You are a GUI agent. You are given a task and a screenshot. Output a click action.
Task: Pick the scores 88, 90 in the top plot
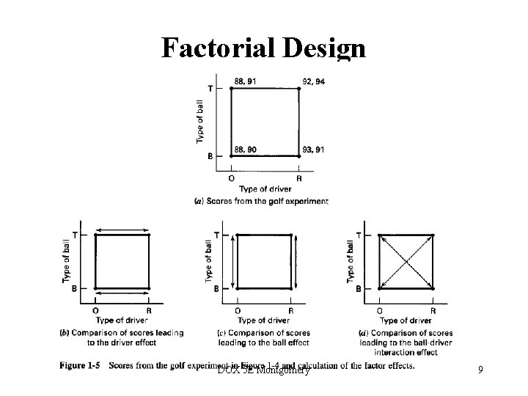245,150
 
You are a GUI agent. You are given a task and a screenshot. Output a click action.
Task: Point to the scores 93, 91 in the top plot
313,150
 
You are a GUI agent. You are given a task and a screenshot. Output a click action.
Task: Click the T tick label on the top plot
211,89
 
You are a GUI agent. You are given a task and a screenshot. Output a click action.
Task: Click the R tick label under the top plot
299,177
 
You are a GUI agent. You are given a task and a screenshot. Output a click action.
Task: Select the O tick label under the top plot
232,177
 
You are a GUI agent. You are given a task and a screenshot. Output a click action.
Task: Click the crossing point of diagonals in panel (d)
406,262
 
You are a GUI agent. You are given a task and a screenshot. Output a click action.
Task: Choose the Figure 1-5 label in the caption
79,366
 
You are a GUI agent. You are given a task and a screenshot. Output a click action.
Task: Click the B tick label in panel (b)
75,289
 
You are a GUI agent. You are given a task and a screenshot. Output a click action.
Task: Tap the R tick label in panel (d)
433,310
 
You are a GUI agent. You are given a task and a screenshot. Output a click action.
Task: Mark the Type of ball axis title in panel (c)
209,262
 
